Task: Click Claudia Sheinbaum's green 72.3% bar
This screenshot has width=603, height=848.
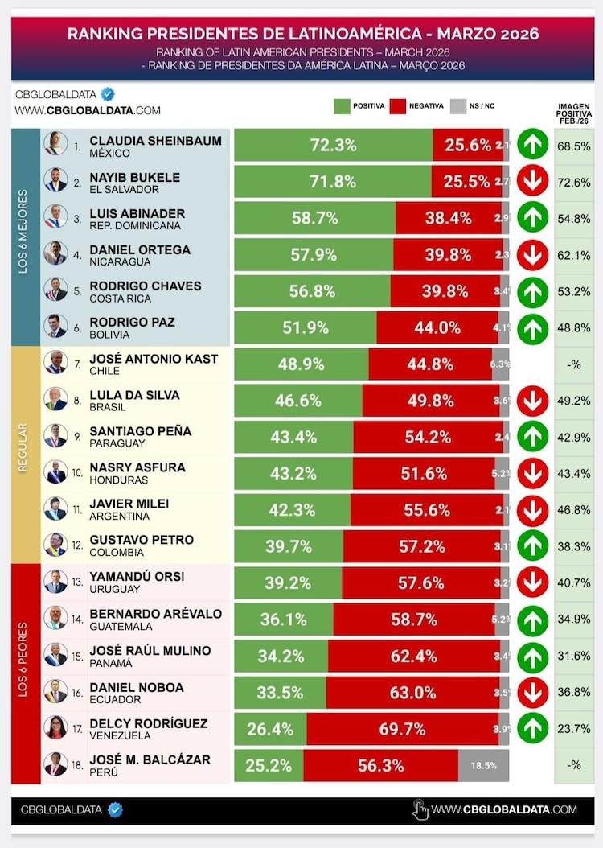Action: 333,146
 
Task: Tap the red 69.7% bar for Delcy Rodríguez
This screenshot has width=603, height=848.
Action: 402,729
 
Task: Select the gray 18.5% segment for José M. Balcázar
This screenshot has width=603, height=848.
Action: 483,766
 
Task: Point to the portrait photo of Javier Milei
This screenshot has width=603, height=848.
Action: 55,508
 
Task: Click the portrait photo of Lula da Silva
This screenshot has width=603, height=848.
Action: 55,399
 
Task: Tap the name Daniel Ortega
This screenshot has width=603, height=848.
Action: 140,249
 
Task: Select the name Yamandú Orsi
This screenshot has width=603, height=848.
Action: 137,576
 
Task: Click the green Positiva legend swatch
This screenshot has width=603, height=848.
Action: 341,106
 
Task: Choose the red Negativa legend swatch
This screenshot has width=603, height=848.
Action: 397,106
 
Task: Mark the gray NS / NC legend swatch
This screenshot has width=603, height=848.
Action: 458,106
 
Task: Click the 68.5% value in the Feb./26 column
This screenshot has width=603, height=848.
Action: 574,146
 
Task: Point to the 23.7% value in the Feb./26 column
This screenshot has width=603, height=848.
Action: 574,729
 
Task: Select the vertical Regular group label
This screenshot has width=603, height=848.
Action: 23,455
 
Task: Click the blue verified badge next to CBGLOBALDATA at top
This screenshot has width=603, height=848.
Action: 107,94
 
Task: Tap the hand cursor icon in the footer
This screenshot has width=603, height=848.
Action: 420,809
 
